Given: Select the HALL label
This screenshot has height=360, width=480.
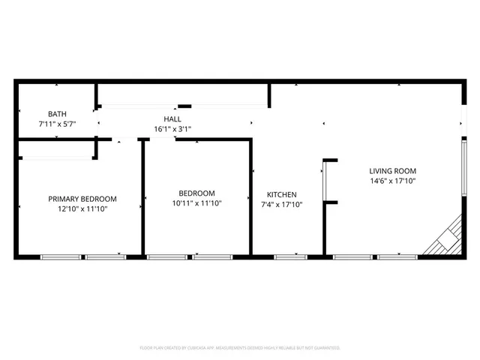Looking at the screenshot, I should point(172,119).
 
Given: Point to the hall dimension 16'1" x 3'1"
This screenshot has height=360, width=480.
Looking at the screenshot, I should point(172,129).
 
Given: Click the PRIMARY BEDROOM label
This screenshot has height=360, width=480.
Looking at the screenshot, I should point(82,199).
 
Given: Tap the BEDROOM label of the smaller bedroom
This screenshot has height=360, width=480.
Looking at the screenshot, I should point(196,193).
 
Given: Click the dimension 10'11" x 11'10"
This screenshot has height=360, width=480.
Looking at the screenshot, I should point(196,202).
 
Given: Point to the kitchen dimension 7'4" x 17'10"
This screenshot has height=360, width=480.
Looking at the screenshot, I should point(281,204).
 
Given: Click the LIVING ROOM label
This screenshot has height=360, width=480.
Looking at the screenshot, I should point(393,171).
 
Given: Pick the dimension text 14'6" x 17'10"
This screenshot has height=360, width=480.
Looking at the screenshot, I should point(393,181).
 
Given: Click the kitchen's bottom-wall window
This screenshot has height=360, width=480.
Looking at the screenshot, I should point(290,257).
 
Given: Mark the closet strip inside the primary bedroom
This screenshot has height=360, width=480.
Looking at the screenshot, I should point(56,157).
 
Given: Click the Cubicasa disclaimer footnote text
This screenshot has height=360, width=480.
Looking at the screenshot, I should point(240,348).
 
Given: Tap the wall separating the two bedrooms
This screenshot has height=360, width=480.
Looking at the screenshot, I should point(142,199).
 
